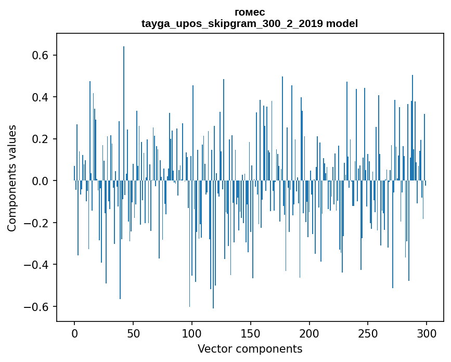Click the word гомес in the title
250,12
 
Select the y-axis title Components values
12,178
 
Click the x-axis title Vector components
250,348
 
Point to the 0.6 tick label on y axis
40,56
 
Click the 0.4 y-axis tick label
40,97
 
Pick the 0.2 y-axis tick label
40,139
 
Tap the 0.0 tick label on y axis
40,181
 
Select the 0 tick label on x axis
74,333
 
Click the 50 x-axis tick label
133,333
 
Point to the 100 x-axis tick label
192,333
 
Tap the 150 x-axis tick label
251,333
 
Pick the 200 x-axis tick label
310,333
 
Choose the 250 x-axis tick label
368,333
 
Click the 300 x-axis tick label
427,333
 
